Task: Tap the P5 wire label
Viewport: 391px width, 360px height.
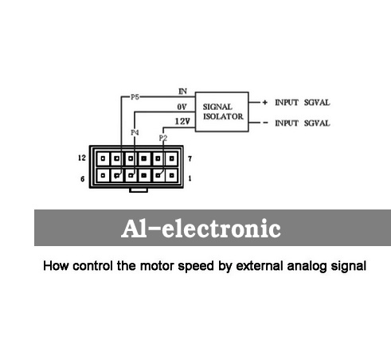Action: (135, 97)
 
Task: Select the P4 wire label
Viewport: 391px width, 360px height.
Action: (135, 132)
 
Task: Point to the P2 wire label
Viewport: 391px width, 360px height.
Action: (163, 138)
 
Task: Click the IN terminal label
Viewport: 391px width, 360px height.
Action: (182, 92)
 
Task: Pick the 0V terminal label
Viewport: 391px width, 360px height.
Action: (182, 107)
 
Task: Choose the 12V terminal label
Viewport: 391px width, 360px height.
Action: (182, 121)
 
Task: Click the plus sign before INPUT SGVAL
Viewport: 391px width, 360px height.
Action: (264, 102)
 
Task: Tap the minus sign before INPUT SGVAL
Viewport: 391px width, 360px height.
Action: (265, 123)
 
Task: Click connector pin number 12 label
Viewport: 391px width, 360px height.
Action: (82, 158)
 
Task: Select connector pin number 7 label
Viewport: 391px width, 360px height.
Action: (190, 158)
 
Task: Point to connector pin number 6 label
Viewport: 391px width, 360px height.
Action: (83, 179)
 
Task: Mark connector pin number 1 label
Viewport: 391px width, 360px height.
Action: (190, 178)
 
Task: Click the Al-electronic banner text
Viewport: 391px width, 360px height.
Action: (201, 229)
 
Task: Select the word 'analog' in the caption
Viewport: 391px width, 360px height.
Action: (307, 266)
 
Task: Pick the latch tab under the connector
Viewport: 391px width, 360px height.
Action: (139, 190)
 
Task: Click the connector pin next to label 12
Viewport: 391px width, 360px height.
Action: (103, 158)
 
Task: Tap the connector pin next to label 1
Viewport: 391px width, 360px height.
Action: (172, 175)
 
